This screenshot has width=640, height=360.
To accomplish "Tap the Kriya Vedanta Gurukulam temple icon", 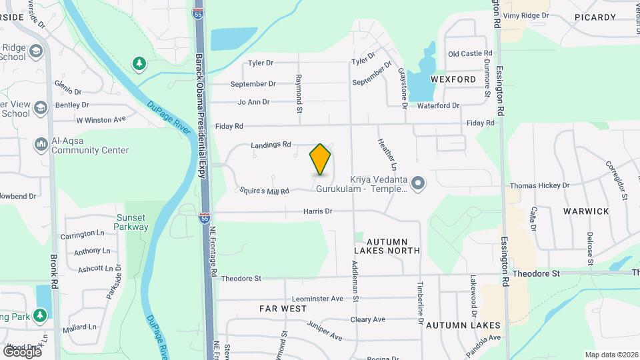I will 418,183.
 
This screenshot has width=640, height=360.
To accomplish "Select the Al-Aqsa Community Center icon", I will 41,144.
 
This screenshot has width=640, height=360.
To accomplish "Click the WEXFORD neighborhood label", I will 453,79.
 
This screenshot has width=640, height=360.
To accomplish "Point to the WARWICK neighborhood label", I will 586,211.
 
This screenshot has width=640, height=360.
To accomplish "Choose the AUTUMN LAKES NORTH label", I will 387,245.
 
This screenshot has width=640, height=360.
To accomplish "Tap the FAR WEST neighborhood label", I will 283,309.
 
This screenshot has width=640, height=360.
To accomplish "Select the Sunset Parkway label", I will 132,222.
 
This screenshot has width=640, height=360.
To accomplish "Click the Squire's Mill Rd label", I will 265,191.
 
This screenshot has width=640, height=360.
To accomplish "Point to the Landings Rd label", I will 271,144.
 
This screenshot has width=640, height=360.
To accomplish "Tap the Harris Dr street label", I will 317,211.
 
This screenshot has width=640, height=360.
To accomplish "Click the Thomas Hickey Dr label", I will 539,185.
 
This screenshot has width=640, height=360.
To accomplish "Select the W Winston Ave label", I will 101,120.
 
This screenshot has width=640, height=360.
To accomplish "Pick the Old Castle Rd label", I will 470,53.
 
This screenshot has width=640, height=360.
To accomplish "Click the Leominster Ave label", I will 317,299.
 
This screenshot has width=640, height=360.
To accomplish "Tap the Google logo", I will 22,351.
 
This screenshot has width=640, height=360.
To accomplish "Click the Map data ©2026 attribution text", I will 611,355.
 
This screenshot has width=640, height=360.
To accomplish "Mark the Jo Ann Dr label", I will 253,102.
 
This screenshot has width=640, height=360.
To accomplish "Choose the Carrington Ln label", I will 83,235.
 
